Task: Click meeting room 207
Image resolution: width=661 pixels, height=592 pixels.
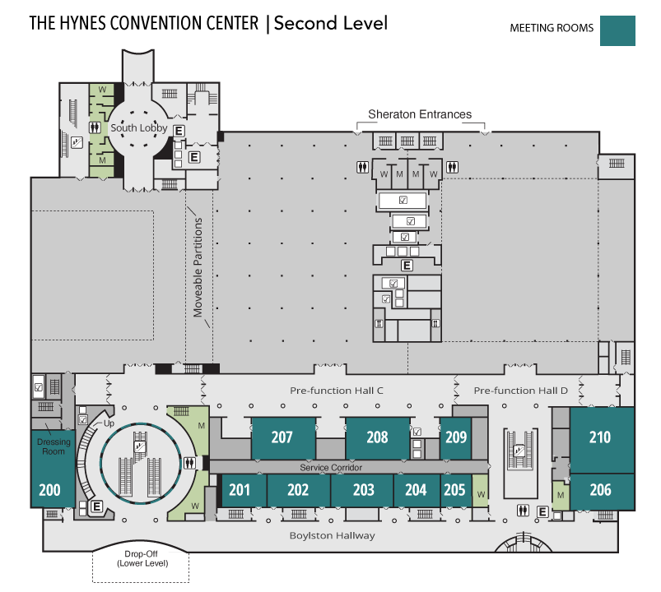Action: pos(283,438)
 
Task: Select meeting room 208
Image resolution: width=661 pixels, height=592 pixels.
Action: pos(377,438)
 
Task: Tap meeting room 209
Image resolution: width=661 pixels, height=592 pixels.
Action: pos(456,438)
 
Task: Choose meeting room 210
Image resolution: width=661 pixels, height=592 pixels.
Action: pos(602,440)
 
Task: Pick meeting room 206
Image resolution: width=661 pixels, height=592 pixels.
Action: pos(602,492)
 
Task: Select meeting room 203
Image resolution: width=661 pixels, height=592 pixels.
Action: pos(362,491)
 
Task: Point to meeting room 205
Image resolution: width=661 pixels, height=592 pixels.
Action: pos(456,491)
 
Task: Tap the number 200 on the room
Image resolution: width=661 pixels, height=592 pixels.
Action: pos(49,490)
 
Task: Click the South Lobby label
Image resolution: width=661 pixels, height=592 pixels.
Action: pos(138,127)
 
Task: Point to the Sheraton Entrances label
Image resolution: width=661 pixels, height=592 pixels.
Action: pos(420,114)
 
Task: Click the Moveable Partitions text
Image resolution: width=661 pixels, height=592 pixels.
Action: pos(198,267)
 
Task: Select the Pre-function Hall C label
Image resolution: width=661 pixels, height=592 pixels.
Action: pos(337,391)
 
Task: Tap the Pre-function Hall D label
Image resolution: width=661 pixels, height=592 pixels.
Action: pos(520,391)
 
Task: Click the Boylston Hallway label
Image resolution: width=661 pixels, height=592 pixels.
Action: pos(333,535)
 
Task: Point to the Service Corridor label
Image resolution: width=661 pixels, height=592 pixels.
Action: pos(331,467)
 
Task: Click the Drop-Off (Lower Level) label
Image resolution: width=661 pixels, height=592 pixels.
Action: pos(142,559)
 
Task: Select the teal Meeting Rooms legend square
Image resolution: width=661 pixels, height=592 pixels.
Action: pos(617,30)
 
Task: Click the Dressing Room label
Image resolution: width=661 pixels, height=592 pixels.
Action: pos(54,446)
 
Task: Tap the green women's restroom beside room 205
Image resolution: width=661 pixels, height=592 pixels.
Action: pos(480,491)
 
